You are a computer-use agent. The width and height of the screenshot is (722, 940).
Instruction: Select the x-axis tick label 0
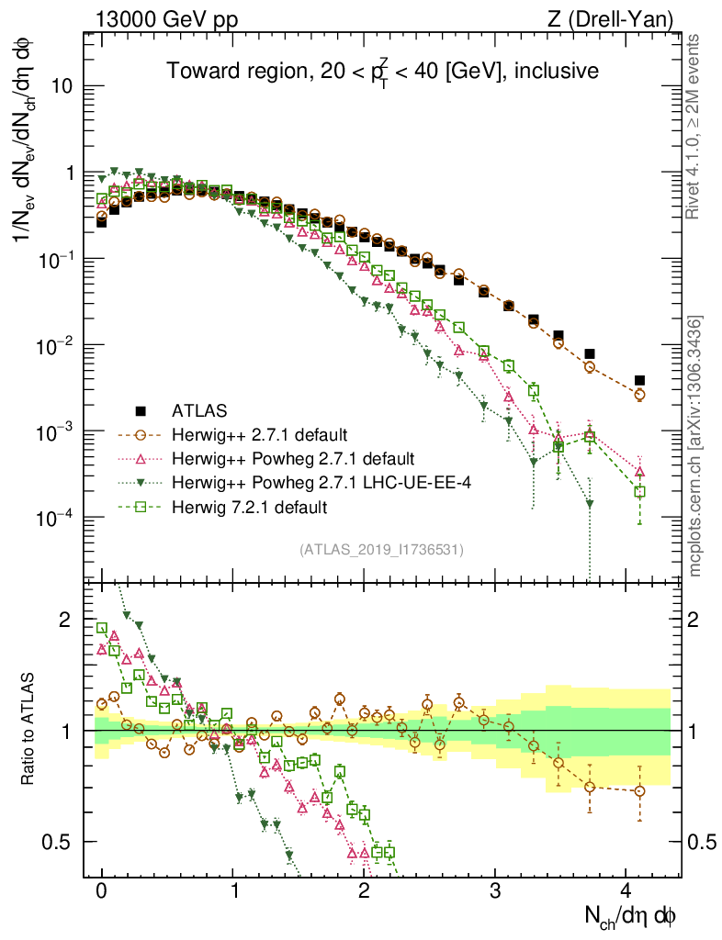[x=102, y=890]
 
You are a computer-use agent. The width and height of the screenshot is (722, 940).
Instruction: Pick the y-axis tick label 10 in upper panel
[x=61, y=86]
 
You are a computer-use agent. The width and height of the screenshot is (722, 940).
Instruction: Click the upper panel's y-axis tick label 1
[x=68, y=173]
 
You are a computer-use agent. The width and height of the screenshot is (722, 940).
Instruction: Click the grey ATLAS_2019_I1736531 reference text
[x=381, y=550]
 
